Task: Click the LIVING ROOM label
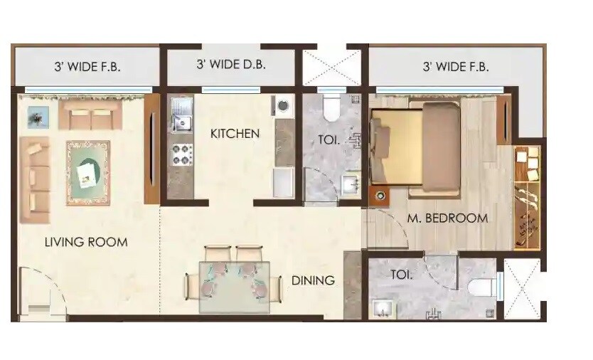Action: [86, 242]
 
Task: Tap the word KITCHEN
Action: [234, 133]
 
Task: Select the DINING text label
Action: [312, 280]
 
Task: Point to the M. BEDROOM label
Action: [447, 218]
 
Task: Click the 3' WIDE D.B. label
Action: [230, 65]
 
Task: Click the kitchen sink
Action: [181, 116]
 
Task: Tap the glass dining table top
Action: [234, 285]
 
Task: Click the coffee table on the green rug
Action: [87, 171]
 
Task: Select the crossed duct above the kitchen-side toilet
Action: [331, 68]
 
